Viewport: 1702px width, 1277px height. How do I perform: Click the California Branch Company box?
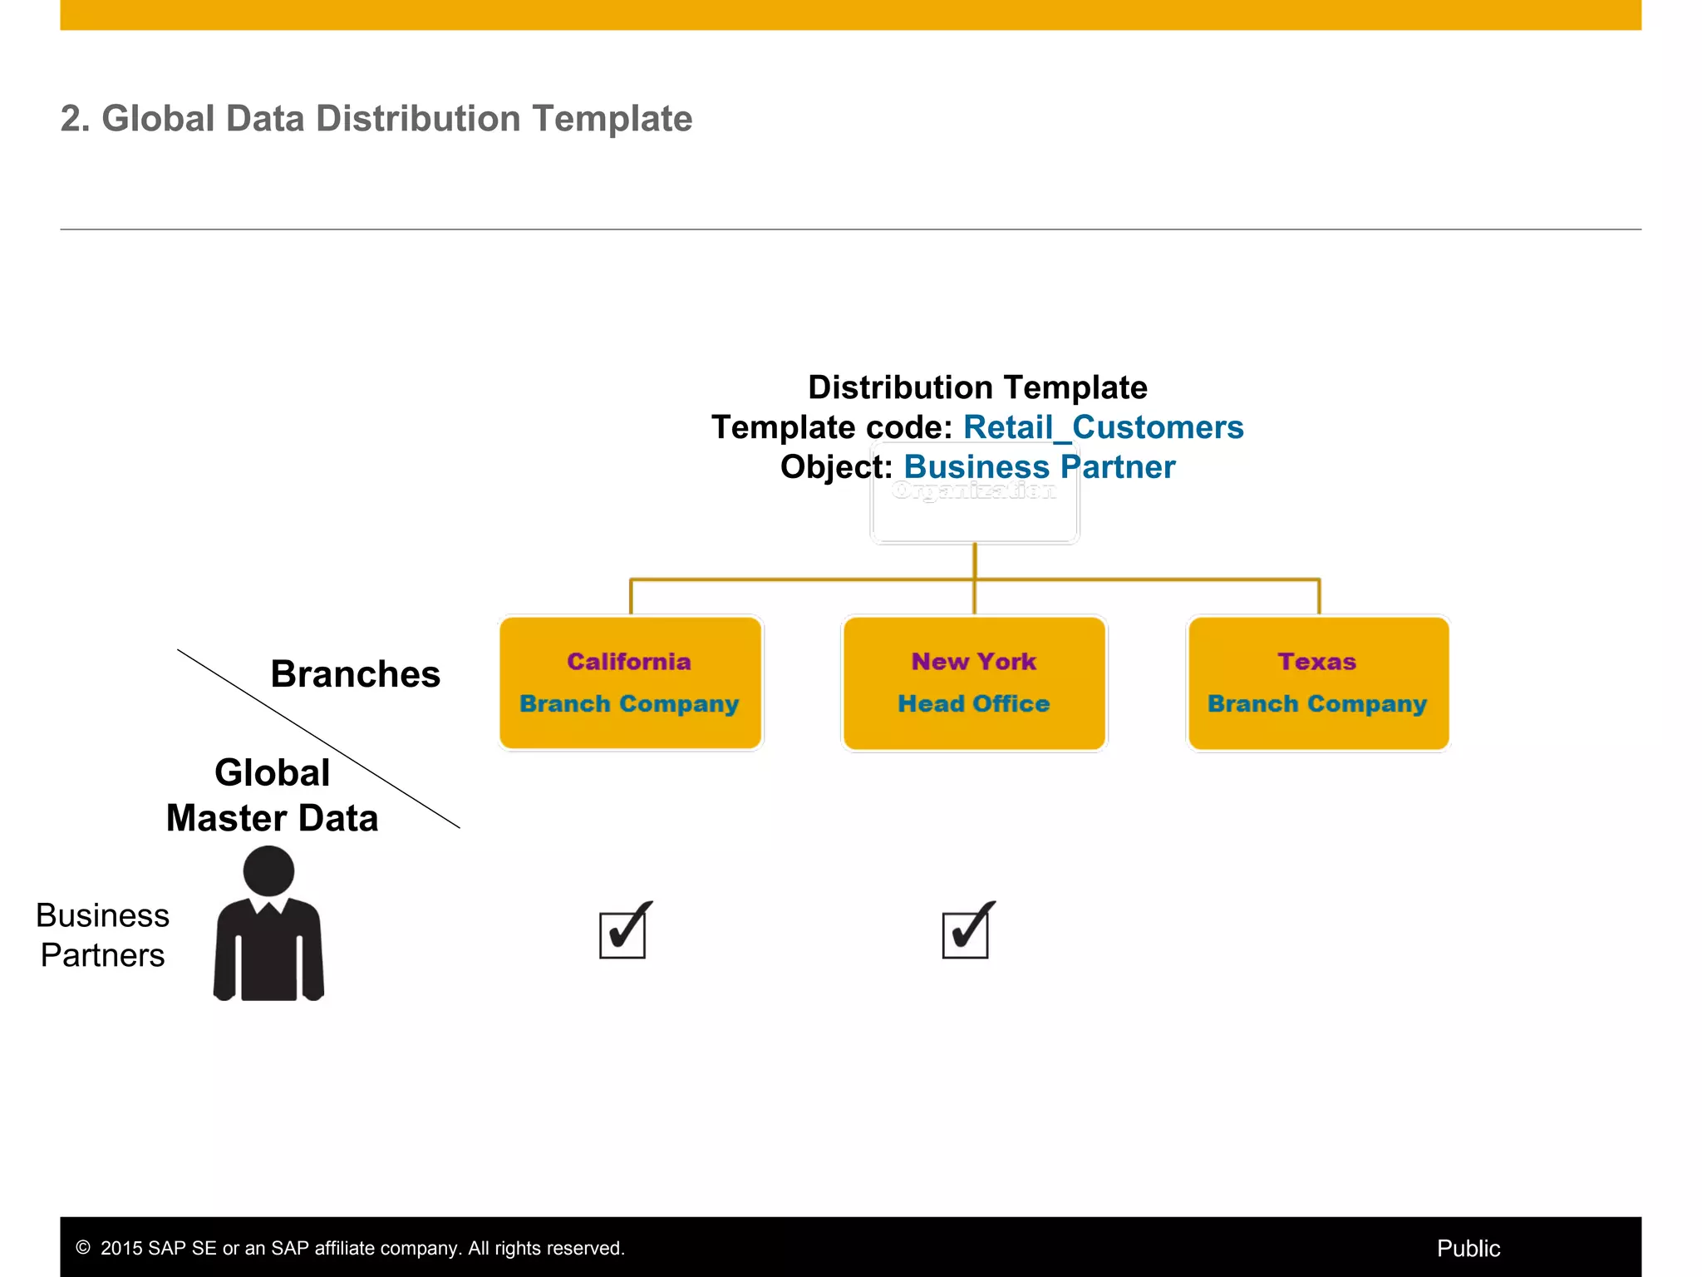[x=630, y=683]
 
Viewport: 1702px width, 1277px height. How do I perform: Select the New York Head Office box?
[x=974, y=683]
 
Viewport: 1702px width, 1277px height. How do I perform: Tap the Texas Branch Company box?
[x=1318, y=683]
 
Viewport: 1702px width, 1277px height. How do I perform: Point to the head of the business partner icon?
[x=268, y=870]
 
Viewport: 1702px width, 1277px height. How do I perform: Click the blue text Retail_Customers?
[x=1103, y=427]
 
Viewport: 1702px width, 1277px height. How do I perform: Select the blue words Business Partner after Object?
[x=1039, y=467]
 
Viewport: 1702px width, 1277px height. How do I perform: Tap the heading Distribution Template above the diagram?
[x=977, y=387]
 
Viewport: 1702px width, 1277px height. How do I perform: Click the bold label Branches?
[x=355, y=674]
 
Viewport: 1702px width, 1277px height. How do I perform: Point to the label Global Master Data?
[x=272, y=796]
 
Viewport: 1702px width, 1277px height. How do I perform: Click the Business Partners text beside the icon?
[x=102, y=935]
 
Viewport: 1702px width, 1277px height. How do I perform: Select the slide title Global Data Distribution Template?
[x=376, y=118]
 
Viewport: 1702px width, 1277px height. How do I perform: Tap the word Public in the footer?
[x=1468, y=1248]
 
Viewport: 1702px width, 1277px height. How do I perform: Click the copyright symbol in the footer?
[x=83, y=1248]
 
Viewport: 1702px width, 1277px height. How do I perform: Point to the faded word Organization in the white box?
[x=973, y=491]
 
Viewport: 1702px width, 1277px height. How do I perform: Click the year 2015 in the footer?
[x=121, y=1248]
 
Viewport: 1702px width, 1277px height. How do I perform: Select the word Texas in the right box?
[x=1316, y=662]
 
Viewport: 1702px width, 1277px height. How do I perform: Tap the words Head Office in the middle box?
[x=973, y=704]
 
